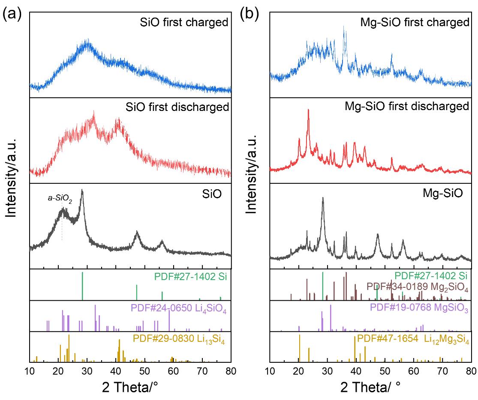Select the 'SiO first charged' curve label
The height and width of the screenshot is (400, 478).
click(184, 22)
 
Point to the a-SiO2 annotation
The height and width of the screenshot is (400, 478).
click(60, 199)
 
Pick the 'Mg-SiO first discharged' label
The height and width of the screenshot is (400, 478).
click(407, 106)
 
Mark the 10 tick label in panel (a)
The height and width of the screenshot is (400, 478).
click(30, 371)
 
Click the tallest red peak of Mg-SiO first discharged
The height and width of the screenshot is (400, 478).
click(308, 110)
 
